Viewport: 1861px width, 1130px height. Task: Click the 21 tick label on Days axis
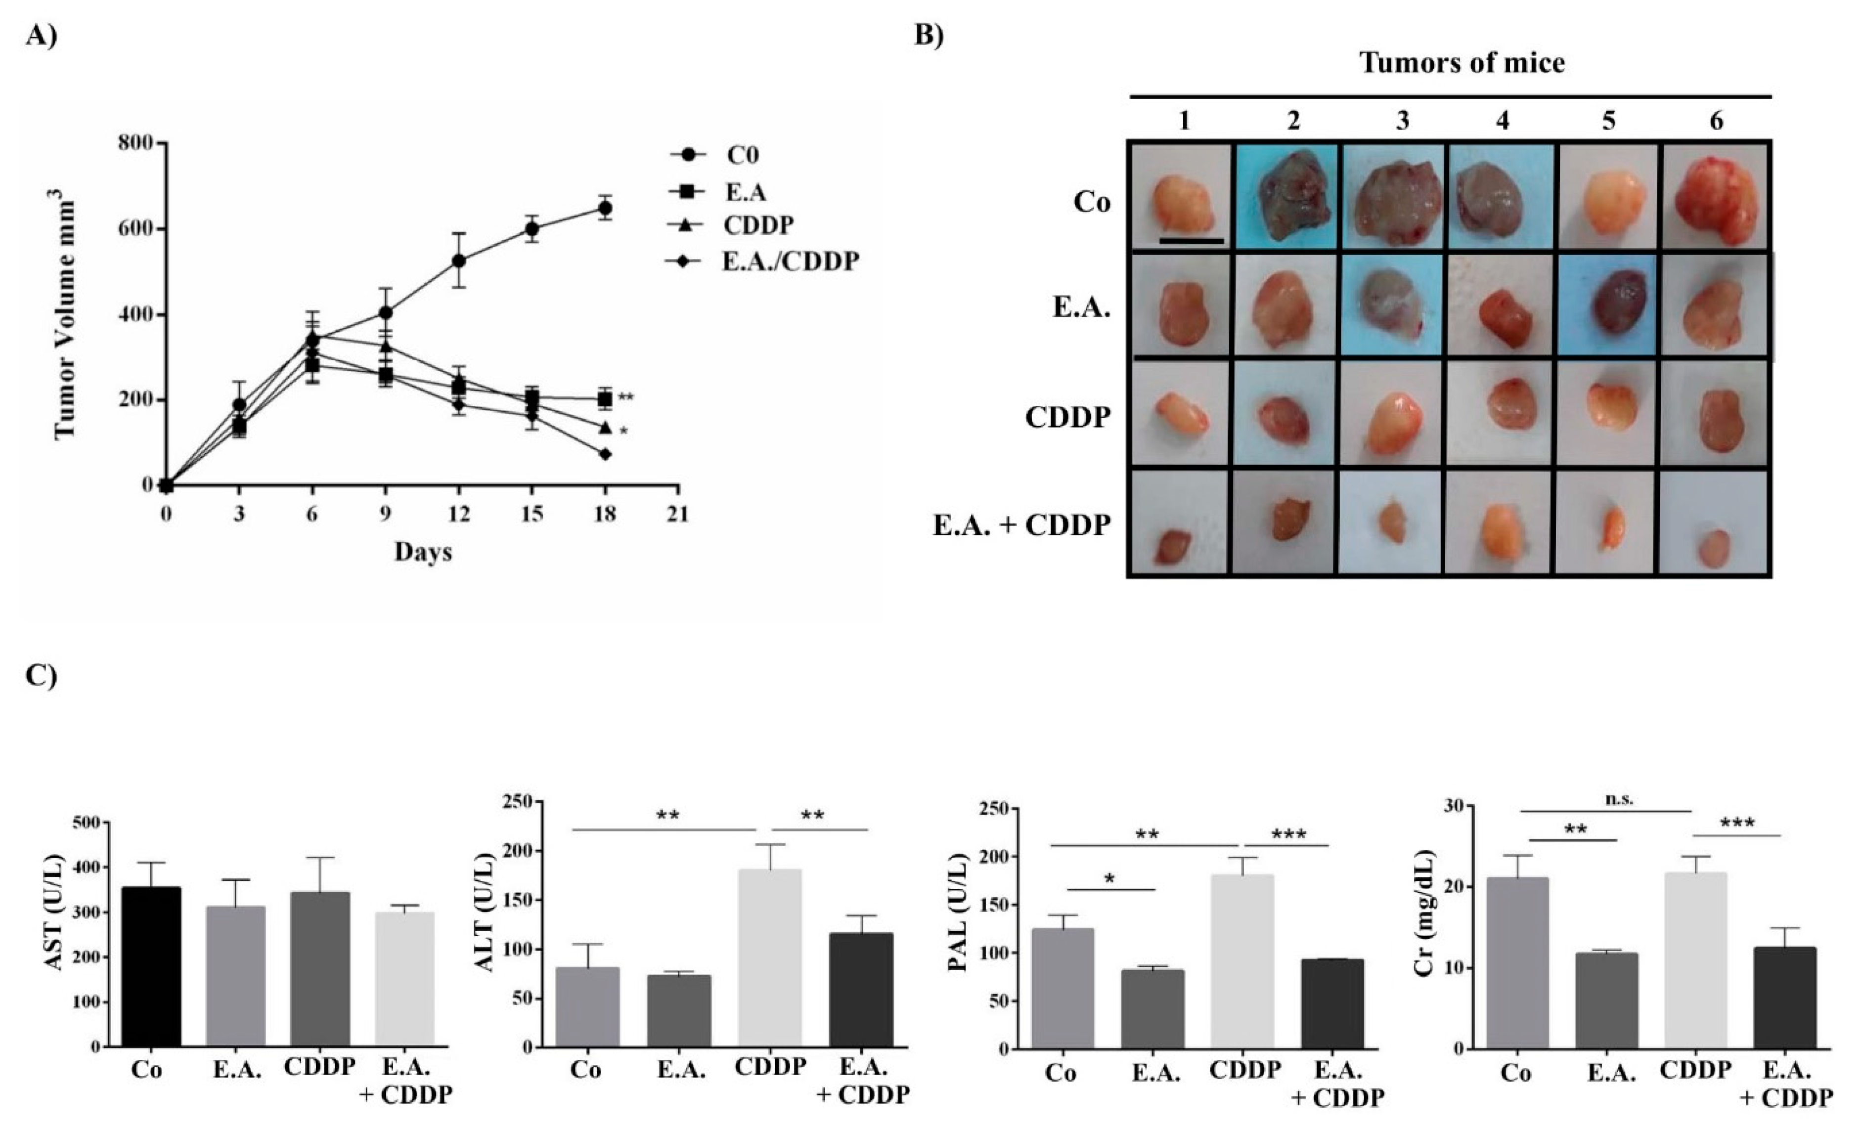[x=677, y=515]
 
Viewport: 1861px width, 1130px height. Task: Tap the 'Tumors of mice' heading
[x=1462, y=63]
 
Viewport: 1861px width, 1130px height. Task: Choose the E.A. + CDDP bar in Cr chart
[x=1785, y=997]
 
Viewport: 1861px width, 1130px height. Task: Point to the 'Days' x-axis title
[x=423, y=552]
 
